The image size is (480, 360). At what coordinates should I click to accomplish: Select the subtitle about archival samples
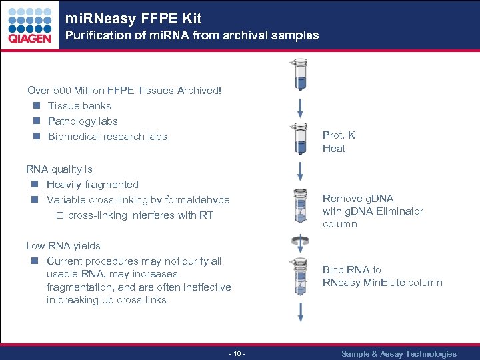point(191,35)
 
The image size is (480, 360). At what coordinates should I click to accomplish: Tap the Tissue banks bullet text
point(79,105)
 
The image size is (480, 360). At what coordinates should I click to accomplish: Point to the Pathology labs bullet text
point(83,121)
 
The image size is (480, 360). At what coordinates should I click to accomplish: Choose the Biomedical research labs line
point(107,136)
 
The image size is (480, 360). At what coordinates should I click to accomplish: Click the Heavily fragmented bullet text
point(93,184)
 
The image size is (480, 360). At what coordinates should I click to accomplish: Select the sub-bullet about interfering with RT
point(140,215)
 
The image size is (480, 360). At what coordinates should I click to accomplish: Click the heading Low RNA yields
point(63,245)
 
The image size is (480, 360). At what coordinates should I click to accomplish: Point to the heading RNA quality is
point(59,169)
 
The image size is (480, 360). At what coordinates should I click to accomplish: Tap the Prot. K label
point(339,135)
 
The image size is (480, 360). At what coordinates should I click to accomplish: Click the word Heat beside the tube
point(333,148)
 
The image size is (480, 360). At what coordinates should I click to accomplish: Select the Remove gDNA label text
point(358,198)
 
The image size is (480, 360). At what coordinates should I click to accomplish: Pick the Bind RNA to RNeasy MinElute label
point(382,276)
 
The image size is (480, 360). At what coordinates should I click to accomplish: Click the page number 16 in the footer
point(237,353)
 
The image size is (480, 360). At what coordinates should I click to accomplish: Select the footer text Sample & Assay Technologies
point(399,353)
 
